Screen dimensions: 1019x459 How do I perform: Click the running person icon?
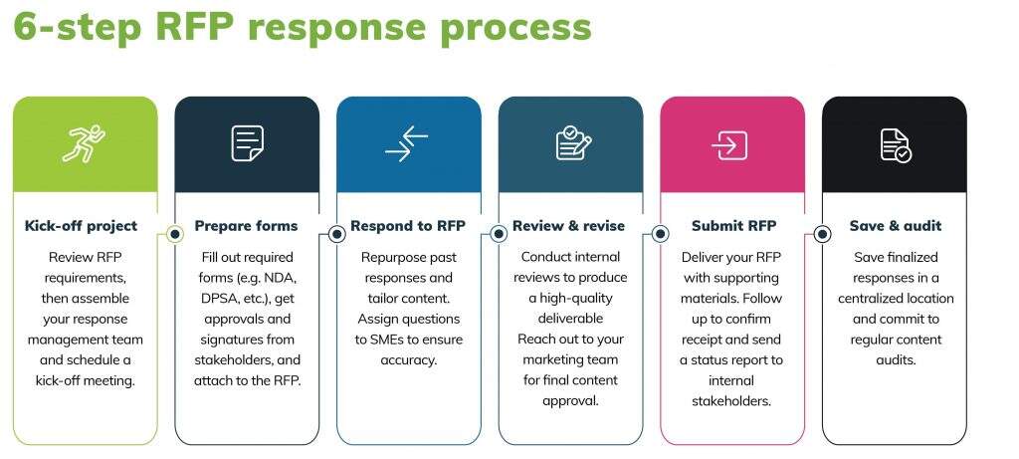point(84,143)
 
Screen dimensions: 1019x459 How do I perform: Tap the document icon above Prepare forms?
point(248,143)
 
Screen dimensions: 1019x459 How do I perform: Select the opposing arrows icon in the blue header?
point(407,143)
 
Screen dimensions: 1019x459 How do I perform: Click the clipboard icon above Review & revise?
point(573,143)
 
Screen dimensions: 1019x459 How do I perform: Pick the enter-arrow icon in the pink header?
point(729,145)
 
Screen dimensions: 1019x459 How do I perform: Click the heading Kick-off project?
point(82,226)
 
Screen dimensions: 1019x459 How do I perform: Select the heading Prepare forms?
point(247,226)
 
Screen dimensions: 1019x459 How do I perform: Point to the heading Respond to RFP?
point(408,226)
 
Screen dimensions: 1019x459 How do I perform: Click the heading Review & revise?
point(568,226)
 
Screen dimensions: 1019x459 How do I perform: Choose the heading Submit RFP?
point(733,226)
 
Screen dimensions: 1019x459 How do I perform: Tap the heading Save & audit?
point(896,226)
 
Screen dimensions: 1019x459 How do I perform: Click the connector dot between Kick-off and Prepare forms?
point(175,234)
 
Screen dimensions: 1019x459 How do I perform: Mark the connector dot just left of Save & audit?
point(822,234)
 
